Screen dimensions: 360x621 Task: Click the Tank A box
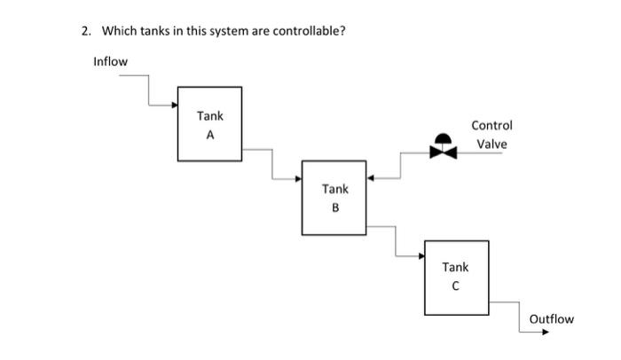pos(209,124)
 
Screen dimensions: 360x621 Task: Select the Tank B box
pos(334,198)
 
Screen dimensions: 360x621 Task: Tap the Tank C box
pos(456,278)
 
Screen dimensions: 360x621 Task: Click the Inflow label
pos(110,61)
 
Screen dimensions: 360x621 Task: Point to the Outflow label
pos(551,318)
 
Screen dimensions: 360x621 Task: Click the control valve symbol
pos(443,148)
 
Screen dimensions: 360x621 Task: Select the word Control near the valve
pos(491,126)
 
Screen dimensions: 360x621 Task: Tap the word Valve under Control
pos(491,145)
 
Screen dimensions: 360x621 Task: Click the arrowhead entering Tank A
pos(174,105)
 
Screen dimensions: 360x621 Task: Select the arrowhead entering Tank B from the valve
pos(371,178)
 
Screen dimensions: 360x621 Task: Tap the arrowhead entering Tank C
pos(421,256)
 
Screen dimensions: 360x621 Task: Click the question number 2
pos(85,31)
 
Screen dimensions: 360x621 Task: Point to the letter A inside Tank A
pos(210,136)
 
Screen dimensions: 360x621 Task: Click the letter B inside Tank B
pos(335,208)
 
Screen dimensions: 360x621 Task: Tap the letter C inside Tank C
pos(456,286)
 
